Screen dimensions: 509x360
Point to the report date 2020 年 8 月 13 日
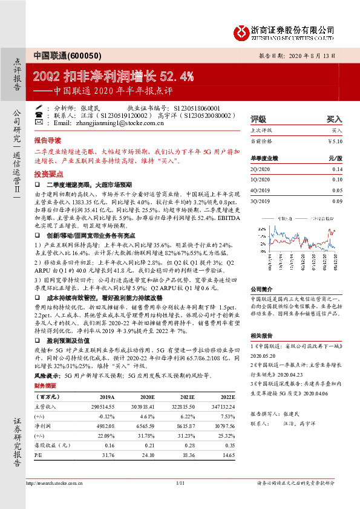315,54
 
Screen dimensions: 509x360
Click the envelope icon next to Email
39,122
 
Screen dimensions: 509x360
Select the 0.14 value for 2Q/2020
337,169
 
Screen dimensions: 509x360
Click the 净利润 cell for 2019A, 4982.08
105,426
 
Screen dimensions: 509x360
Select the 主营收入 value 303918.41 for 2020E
146,407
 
